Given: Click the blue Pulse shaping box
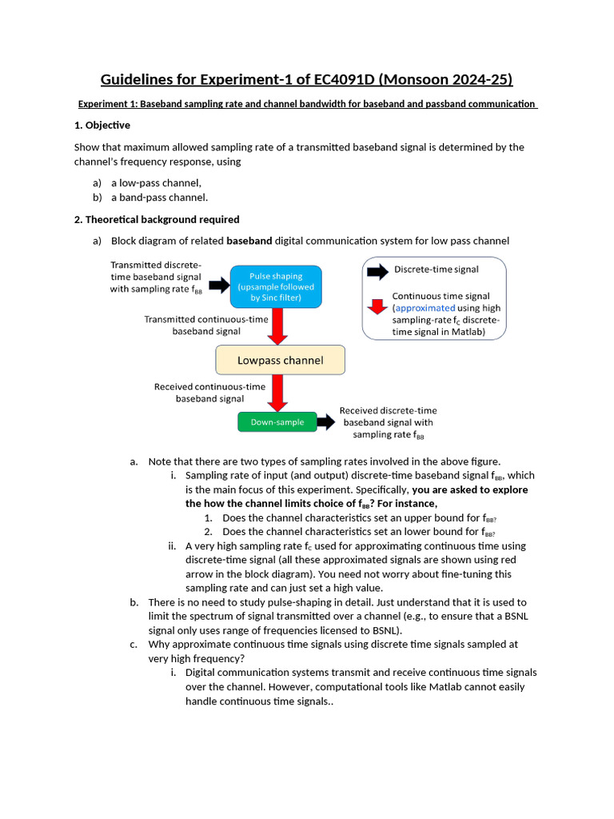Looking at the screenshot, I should (x=276, y=287).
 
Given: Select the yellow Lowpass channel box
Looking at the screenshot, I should (x=280, y=360).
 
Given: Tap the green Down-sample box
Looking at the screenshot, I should (x=277, y=421).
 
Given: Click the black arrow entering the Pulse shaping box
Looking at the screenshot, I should (x=218, y=285).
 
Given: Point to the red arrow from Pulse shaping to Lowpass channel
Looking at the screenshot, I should (x=278, y=326).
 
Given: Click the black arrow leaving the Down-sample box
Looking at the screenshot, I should (x=325, y=421).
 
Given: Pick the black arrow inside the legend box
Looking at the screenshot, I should (x=377, y=271).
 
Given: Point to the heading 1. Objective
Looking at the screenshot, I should (x=102, y=126).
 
